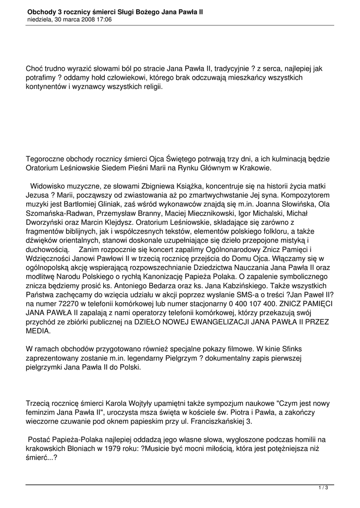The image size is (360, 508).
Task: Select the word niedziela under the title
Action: tap(41, 19)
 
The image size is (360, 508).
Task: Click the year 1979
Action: tap(129, 449)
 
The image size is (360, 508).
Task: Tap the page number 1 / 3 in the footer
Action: tap(323, 488)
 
